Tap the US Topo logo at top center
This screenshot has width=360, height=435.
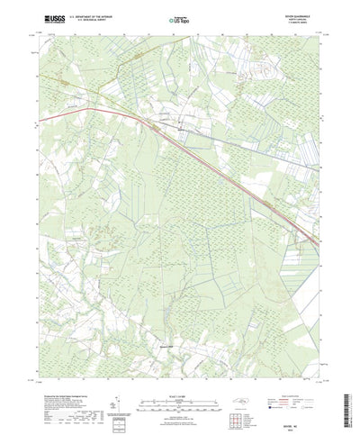180,19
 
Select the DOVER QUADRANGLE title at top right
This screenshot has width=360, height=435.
301,14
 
